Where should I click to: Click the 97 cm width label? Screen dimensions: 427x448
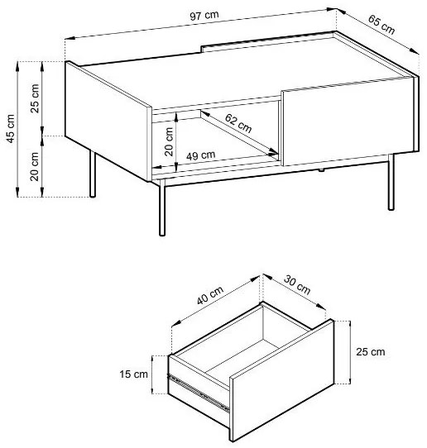pyautogui.click(x=204, y=16)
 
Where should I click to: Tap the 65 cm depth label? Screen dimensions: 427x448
pyautogui.click(x=381, y=25)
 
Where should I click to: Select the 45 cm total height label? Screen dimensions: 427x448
pyautogui.click(x=10, y=129)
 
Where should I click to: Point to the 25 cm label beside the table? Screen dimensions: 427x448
pyautogui.click(x=35, y=98)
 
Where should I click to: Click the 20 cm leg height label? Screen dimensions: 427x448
pyautogui.click(x=35, y=167)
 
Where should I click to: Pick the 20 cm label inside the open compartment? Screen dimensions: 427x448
pyautogui.click(x=169, y=141)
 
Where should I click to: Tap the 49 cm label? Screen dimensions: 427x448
pyautogui.click(x=201, y=155)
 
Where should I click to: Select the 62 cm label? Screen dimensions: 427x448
pyautogui.click(x=238, y=123)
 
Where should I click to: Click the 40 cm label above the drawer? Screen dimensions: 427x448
pyautogui.click(x=210, y=295)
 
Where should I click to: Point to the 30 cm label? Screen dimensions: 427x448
pyautogui.click(x=297, y=285)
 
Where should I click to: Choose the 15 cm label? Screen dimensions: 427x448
pyautogui.click(x=133, y=374)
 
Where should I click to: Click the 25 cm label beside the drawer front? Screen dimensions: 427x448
pyautogui.click(x=371, y=352)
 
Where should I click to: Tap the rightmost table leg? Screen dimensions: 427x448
pyautogui.click(x=391, y=183)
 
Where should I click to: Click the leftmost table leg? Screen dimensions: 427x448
pyautogui.click(x=93, y=174)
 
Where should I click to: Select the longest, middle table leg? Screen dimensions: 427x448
pyautogui.click(x=162, y=207)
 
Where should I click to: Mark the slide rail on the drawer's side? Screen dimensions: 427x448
pyautogui.click(x=199, y=393)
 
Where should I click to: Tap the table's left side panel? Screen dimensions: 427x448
pyautogui.click(x=108, y=121)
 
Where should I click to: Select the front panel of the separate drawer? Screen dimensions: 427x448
pyautogui.click(x=281, y=380)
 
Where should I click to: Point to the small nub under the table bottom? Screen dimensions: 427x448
pyautogui.click(x=321, y=170)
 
